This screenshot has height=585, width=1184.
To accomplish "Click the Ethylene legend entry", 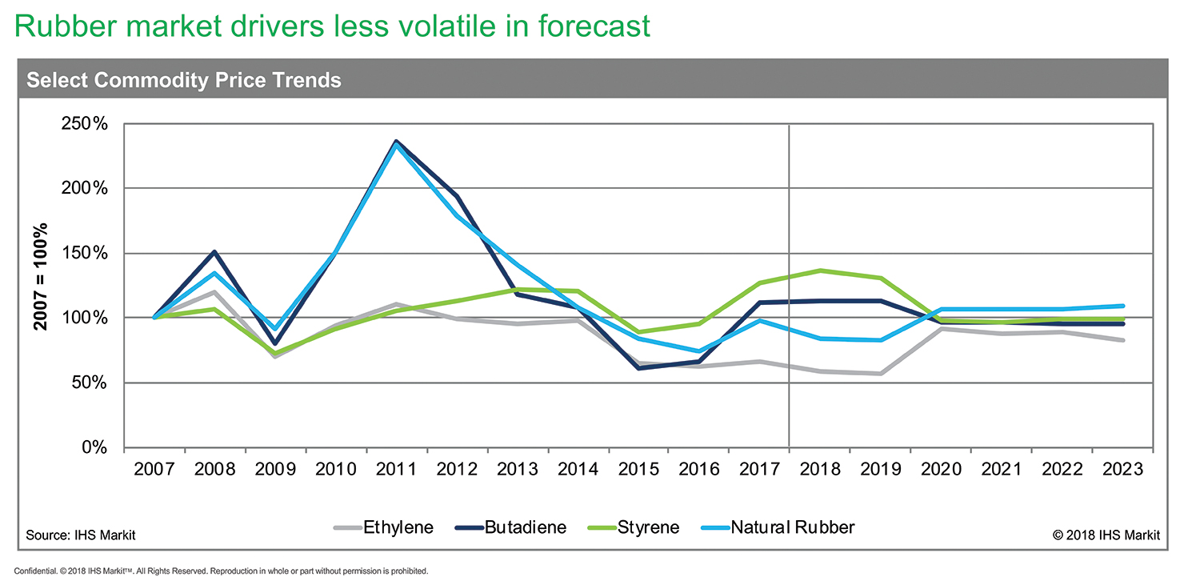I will point(397,527).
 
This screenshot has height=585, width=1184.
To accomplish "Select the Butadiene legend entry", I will point(525,527).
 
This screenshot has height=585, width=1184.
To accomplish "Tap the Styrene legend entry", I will point(647,527).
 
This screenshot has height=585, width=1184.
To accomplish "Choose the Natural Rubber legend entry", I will point(793,527).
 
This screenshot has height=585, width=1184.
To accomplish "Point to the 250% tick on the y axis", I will point(87,124).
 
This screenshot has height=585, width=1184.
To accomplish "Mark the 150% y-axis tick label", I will point(87,254).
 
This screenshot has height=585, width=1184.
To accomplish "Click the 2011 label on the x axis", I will point(396,468).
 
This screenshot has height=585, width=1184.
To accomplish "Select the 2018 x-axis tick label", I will point(819,468).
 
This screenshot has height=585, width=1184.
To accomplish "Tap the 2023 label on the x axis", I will point(1122,468).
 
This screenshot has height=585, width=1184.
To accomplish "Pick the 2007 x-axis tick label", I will point(154,468).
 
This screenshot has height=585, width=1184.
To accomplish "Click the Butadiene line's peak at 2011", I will point(396,142).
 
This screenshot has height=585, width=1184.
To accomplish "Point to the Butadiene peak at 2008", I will point(214,252).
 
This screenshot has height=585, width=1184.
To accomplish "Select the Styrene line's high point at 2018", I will point(819,270).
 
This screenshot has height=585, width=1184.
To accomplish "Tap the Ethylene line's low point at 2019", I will point(880,374).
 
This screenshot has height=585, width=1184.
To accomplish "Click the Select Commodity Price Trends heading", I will point(184,80).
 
